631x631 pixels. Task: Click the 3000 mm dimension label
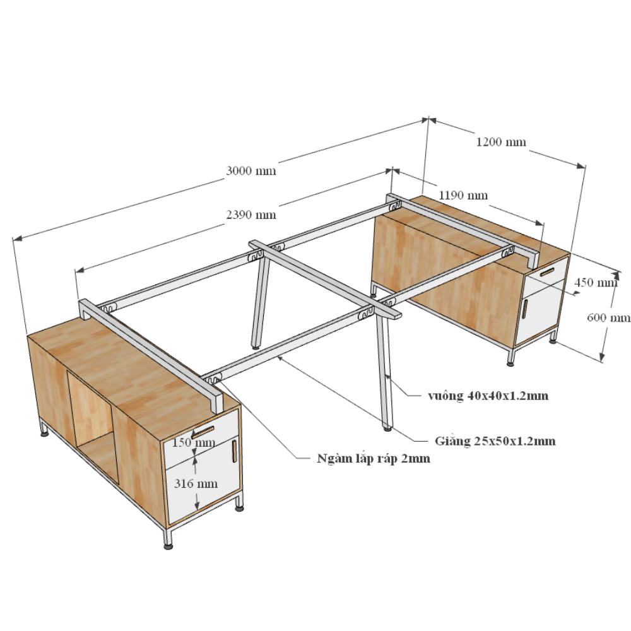tap(251, 171)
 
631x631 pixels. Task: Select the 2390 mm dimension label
tap(251, 215)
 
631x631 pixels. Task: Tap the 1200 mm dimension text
tap(501, 142)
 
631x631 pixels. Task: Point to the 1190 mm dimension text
tap(463, 196)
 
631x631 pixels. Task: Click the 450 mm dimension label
tap(596, 283)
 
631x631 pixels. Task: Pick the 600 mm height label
tap(608, 318)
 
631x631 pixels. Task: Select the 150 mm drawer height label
tap(194, 443)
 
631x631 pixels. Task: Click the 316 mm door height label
tap(196, 484)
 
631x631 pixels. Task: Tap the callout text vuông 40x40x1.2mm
tap(488, 396)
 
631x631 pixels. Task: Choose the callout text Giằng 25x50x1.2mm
tap(495, 441)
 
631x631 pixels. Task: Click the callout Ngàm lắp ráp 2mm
tap(374, 458)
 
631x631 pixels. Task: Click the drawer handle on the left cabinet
tap(203, 431)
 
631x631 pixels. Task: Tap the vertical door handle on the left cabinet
tap(234, 451)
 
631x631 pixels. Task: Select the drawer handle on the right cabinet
tap(547, 273)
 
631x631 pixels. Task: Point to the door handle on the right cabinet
tap(525, 309)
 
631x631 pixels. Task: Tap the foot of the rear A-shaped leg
tap(255, 346)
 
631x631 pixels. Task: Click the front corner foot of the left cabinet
tap(168, 546)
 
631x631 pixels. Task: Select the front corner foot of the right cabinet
tap(510, 364)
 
